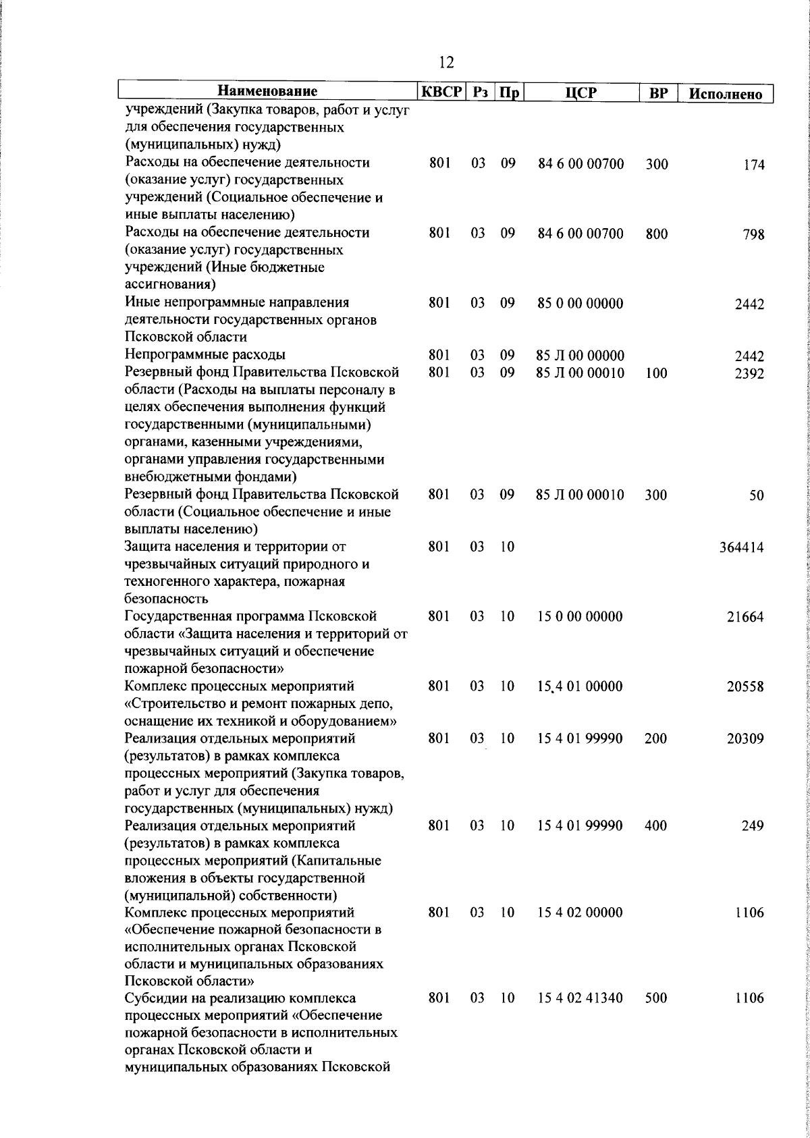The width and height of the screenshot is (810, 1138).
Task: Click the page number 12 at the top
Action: point(446,63)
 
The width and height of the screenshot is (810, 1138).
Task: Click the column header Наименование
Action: point(267,92)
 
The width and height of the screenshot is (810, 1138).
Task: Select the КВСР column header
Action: point(441,92)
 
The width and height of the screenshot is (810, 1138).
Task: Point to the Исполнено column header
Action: point(726,94)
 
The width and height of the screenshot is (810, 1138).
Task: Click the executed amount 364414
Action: point(742,547)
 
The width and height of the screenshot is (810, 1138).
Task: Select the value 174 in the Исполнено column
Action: point(754,165)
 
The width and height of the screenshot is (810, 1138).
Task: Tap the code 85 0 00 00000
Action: point(580,304)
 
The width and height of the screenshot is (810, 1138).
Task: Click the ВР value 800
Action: point(656,234)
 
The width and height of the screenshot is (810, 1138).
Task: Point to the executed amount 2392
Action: point(749,373)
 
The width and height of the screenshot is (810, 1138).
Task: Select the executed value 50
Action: point(757,495)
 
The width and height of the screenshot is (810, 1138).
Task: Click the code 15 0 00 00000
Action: point(580,617)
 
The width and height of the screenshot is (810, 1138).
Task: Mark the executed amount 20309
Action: point(745,739)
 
